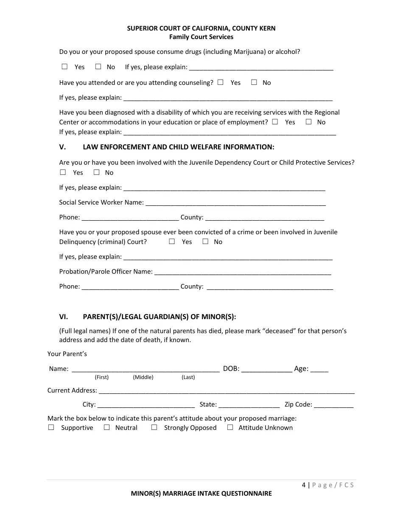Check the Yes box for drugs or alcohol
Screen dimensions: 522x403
tap(64, 67)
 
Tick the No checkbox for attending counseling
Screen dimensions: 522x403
tap(254, 82)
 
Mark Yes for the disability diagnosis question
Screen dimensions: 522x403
tap(275, 122)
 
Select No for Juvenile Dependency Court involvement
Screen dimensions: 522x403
tap(96, 172)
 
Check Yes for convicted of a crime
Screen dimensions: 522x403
tap(172, 241)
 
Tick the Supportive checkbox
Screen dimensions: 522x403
tap(51, 427)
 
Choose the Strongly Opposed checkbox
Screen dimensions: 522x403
tap(154, 427)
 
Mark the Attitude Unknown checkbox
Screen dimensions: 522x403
tap(230, 427)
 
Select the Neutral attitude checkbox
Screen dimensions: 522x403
tap(107, 427)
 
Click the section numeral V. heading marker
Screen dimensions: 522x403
tap(63, 147)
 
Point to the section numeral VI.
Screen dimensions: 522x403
tap(64, 317)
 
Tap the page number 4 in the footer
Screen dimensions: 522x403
tap(304, 485)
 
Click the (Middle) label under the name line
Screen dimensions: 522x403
tap(143, 377)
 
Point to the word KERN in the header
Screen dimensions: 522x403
tap(266, 28)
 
